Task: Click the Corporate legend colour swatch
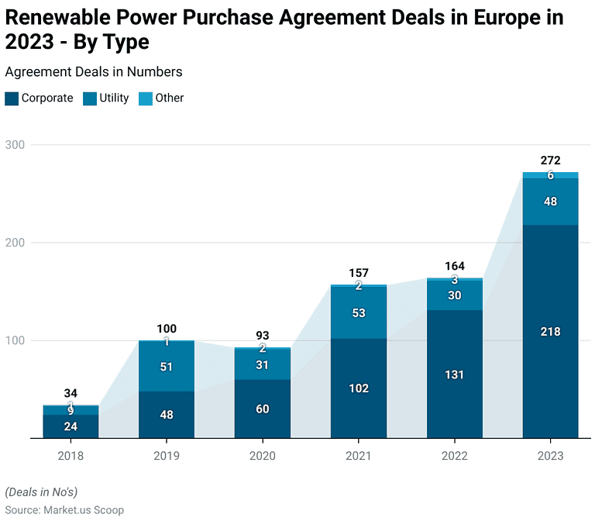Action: click(12, 98)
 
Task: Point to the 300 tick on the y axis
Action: click(15, 145)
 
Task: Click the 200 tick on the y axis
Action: click(15, 243)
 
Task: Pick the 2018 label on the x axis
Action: click(71, 457)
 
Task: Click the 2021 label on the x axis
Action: click(358, 457)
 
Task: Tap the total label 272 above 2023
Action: click(550, 160)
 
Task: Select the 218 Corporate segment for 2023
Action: click(550, 332)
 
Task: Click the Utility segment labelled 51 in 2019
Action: click(167, 367)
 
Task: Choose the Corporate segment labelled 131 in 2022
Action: click(454, 374)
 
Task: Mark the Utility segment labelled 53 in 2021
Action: click(358, 312)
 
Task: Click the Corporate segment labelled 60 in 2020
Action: click(263, 409)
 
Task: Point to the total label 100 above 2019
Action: click(167, 330)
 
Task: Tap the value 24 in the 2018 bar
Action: click(71, 426)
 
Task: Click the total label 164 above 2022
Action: click(454, 267)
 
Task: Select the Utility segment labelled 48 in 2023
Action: click(550, 202)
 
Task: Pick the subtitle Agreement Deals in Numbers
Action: click(94, 71)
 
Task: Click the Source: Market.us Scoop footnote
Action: click(66, 509)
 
